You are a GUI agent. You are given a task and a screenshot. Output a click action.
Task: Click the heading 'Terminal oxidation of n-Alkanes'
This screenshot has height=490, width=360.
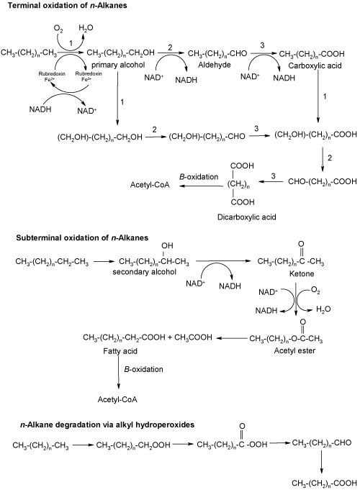(68, 5)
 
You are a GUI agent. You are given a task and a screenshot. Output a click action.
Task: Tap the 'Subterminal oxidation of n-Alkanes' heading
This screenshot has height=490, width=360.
(82, 238)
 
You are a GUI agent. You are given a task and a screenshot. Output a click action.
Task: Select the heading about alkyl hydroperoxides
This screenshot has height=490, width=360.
(107, 425)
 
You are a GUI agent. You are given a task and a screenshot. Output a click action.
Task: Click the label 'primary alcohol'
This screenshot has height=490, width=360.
(118, 65)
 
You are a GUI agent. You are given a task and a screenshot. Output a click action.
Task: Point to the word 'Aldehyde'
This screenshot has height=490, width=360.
(215, 65)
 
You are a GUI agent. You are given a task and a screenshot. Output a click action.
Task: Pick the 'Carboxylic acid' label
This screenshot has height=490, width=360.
(315, 65)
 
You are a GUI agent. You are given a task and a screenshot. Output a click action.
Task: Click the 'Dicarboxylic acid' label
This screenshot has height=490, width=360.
(247, 217)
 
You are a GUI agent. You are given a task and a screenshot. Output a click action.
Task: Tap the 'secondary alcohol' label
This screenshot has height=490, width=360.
(144, 272)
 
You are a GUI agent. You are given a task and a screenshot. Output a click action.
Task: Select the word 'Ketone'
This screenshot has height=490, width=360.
(302, 273)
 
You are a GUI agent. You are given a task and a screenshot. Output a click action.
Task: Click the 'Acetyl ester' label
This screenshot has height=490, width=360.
(294, 350)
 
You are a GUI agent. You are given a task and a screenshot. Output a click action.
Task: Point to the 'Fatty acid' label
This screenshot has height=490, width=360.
(120, 351)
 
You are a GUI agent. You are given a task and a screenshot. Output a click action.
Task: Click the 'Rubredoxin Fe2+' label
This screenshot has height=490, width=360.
(52, 76)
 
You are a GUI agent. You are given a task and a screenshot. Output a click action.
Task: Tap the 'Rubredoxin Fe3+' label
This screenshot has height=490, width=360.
(89, 76)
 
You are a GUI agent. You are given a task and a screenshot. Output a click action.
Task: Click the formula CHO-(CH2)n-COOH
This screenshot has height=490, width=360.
(323, 181)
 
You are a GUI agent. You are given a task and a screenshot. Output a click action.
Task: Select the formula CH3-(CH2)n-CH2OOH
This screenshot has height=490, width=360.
(133, 445)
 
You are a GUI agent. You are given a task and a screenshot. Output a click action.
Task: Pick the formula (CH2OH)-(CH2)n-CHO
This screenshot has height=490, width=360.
(207, 137)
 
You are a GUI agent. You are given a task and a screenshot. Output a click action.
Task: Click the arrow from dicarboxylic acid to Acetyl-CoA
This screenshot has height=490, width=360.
(200, 186)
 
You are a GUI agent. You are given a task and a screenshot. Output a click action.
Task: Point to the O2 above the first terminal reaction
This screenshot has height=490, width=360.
(58, 29)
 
